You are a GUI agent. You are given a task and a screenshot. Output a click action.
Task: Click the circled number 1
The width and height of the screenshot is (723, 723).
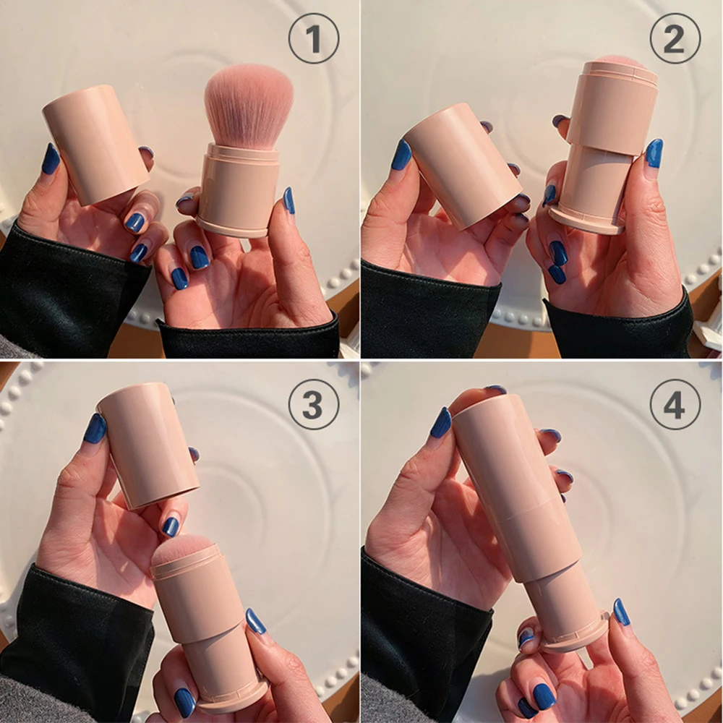point(314,38)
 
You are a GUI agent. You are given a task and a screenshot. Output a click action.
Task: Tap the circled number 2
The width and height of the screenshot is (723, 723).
point(675,38)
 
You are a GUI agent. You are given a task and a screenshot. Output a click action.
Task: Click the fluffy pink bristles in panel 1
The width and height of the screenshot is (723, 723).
point(248,104)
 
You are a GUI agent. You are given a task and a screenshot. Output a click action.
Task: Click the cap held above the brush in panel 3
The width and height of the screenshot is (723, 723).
point(147,444)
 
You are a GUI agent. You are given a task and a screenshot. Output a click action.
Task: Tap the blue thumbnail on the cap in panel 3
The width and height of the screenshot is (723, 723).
point(95,428)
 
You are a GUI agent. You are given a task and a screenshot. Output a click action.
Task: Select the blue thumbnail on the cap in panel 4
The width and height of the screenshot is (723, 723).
point(441,423)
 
